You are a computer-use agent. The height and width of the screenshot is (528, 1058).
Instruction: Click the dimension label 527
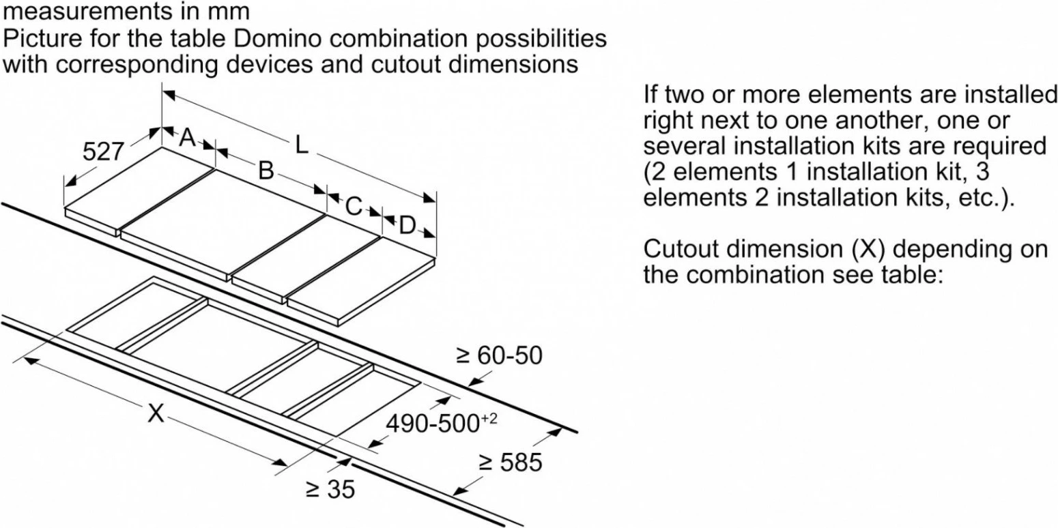click(103, 151)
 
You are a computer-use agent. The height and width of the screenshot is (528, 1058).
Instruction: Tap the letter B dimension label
click(266, 171)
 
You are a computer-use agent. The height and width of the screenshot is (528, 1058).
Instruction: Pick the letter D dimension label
click(407, 226)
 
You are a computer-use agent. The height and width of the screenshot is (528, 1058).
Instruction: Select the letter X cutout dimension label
click(156, 413)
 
